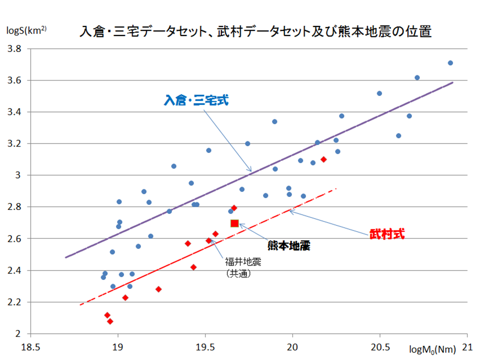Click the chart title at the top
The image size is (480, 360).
[x=255, y=32]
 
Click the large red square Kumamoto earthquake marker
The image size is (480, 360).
[x=234, y=223]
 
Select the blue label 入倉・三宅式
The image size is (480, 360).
[x=196, y=101]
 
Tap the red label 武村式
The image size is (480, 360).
[x=386, y=234]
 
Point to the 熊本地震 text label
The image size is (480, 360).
[x=288, y=245]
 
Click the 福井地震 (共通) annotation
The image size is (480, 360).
[x=243, y=267]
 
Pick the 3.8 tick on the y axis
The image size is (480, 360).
[x=14, y=49]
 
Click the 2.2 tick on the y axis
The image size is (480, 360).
[x=14, y=302]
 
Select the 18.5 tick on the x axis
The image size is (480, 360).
[x=30, y=347]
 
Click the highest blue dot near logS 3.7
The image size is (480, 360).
[x=450, y=63]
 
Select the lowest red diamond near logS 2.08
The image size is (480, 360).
[x=110, y=321]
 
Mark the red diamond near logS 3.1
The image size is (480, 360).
[x=323, y=159]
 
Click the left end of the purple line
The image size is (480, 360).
[x=65, y=257]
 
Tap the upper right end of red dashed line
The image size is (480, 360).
[x=336, y=189]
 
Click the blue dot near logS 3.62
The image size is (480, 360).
[x=417, y=77]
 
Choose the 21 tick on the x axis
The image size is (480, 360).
[x=467, y=347]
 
